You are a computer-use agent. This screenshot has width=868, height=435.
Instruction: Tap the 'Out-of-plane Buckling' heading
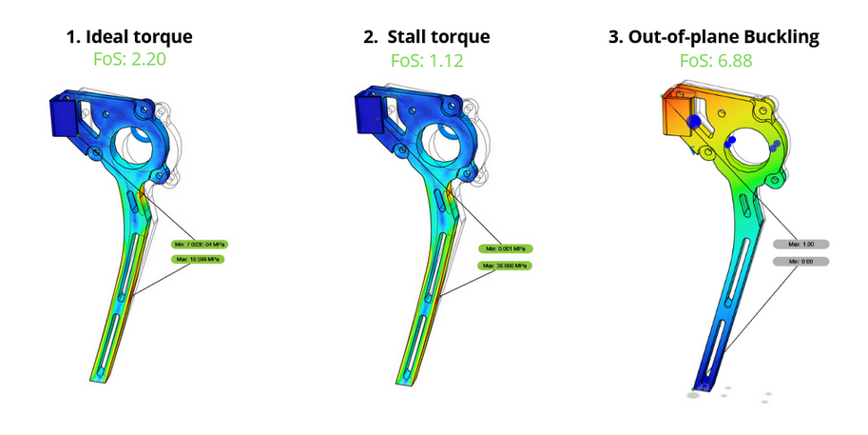click(715, 37)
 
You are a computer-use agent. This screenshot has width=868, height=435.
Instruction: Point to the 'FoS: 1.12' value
click(427, 61)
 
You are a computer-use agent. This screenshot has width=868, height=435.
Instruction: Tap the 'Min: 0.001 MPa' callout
click(505, 248)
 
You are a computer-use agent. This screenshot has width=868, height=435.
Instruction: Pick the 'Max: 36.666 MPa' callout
click(505, 265)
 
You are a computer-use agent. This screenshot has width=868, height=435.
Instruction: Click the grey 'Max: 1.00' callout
click(801, 243)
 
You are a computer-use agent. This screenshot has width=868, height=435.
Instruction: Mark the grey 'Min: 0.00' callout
click(801, 260)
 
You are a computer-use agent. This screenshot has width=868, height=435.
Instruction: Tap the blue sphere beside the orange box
click(695, 122)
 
